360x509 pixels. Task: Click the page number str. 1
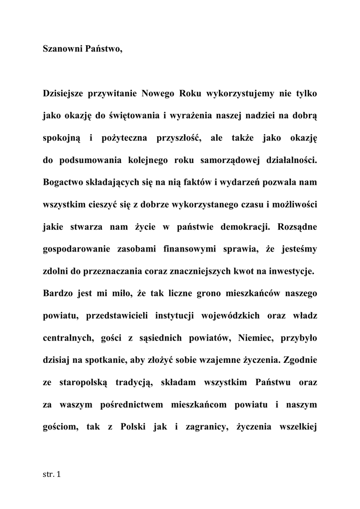pyautogui.click(x=51, y=475)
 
